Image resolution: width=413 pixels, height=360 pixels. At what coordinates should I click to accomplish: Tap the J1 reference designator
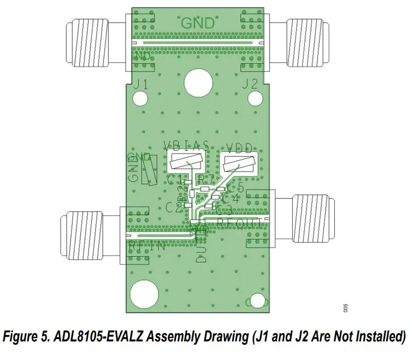click(141, 84)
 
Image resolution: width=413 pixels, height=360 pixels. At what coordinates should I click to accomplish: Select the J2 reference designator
click(250, 84)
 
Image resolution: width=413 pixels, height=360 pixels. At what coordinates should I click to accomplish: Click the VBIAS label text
click(187, 146)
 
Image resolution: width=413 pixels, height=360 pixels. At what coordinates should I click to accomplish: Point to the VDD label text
click(239, 146)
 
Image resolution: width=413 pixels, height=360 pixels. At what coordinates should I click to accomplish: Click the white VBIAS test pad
click(187, 161)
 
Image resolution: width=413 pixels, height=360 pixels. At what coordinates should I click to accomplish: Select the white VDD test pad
click(239, 163)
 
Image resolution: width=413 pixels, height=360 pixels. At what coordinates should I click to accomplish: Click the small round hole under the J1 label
click(141, 98)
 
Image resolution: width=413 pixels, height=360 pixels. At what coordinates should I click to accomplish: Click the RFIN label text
click(147, 246)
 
